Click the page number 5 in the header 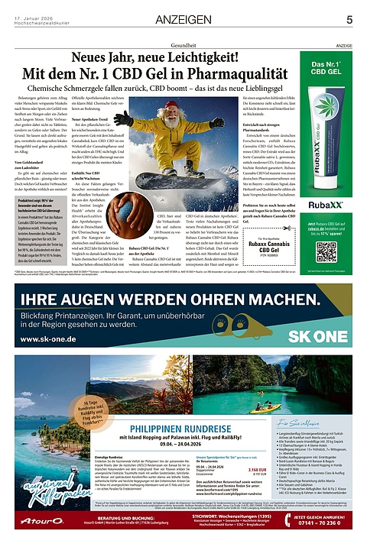[x=349, y=20]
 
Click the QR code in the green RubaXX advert [x=326, y=251]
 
